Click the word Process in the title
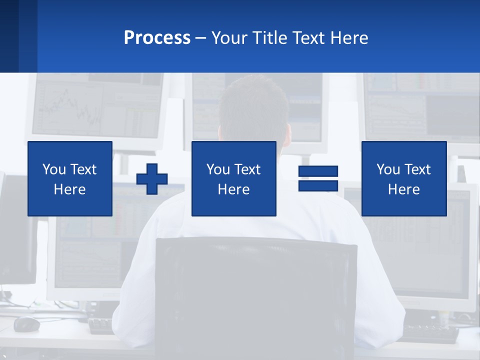157,38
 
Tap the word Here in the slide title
349,38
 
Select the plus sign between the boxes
152,178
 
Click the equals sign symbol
318,178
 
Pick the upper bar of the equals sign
318,171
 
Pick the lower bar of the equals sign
318,185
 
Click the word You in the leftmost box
54,169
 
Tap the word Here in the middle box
233,189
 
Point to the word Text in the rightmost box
418,169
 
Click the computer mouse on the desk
26,324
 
